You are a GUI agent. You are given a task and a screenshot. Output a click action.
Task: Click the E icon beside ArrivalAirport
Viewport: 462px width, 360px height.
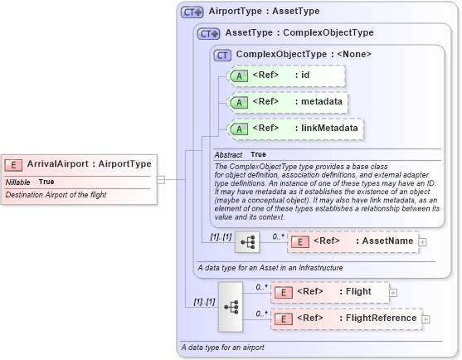(x=14, y=164)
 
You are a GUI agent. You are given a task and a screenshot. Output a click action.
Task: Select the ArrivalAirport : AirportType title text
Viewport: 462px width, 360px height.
(x=89, y=164)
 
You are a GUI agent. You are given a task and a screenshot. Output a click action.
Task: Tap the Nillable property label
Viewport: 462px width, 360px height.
(x=18, y=182)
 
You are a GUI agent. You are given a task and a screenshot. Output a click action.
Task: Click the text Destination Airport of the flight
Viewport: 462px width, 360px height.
(x=56, y=195)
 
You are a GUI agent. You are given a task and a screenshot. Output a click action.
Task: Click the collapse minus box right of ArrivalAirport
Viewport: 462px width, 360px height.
(x=161, y=178)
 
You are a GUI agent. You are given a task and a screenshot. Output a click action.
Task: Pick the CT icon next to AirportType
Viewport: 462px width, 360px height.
(x=192, y=12)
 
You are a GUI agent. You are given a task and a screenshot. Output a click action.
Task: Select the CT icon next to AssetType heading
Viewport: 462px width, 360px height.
(x=210, y=33)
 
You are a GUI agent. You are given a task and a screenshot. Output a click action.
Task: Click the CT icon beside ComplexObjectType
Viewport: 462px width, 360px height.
(x=222, y=55)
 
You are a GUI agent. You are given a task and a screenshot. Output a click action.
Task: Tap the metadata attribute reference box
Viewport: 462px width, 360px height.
(x=287, y=102)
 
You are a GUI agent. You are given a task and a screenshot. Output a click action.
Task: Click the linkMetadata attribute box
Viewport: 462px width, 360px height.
(x=294, y=129)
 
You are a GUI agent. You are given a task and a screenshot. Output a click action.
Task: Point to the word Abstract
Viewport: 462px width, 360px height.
(x=228, y=155)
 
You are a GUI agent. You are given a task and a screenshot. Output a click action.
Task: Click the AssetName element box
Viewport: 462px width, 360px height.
(x=353, y=241)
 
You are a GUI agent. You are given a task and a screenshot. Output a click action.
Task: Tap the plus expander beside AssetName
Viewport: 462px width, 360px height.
(x=423, y=241)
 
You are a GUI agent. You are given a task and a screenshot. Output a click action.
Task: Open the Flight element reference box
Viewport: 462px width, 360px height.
(x=330, y=292)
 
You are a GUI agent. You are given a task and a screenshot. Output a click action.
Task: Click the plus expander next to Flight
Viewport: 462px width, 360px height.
(x=393, y=292)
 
